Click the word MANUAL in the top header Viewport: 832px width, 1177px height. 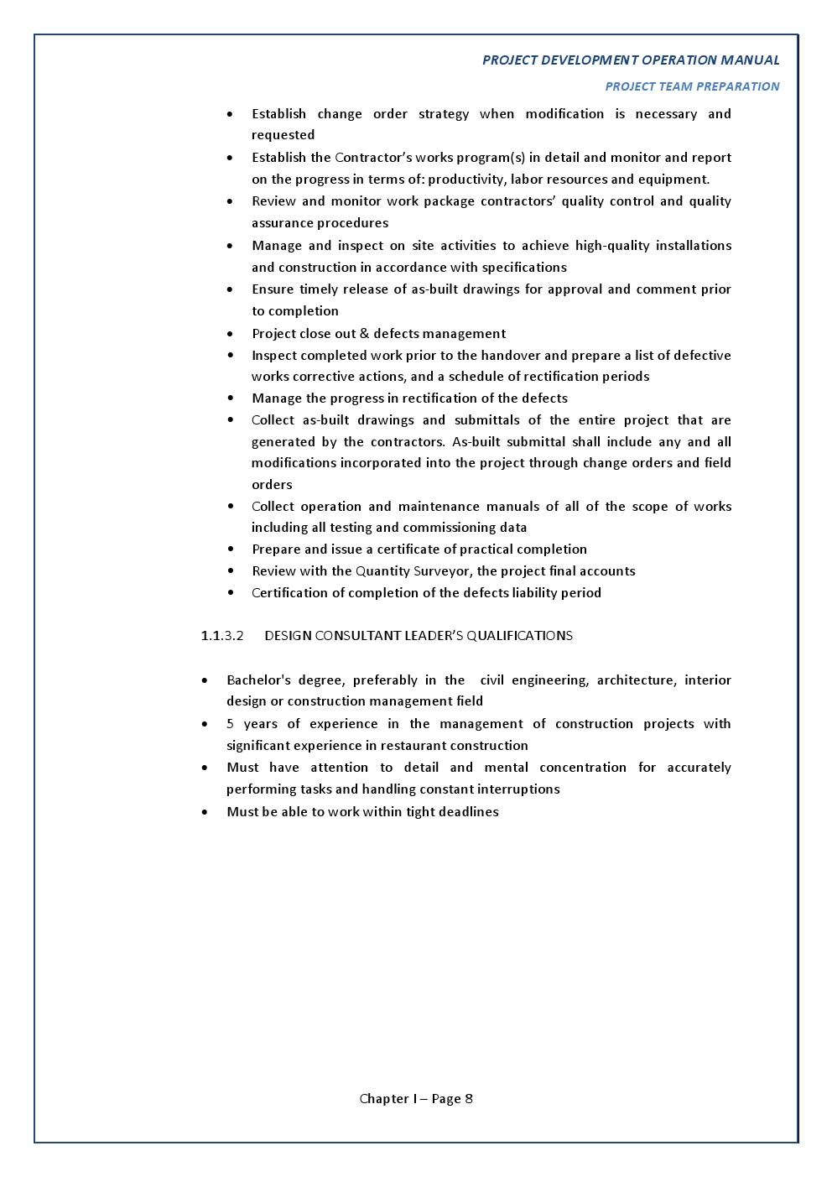click(750, 60)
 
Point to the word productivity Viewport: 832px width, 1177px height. click(465, 180)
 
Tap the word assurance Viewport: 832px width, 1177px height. click(284, 223)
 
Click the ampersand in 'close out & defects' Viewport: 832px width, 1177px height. click(364, 334)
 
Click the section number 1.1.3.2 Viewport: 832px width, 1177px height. click(222, 636)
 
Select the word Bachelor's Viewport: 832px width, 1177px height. click(258, 680)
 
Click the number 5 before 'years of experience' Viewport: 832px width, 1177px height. click(230, 724)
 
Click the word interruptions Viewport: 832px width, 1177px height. click(518, 789)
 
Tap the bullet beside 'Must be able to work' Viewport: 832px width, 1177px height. click(205, 812)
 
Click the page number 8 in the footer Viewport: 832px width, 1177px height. click(468, 1099)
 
